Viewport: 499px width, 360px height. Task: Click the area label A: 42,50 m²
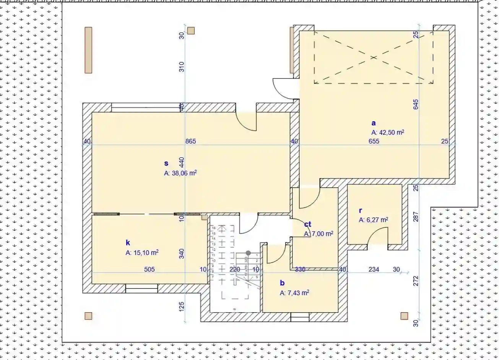tap(388, 133)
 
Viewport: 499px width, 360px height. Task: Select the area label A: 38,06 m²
tap(180, 173)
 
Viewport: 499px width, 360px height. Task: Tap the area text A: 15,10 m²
tap(142, 253)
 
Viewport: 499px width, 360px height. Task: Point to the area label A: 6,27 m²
tap(374, 220)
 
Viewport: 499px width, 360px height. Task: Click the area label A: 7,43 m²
tap(294, 293)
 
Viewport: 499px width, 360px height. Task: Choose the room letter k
tap(128, 243)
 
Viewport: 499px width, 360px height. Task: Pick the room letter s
tap(166, 163)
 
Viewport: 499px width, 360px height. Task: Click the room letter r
tap(360, 210)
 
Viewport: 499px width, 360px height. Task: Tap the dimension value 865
tap(190, 141)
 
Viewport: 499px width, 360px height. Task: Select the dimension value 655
tap(374, 141)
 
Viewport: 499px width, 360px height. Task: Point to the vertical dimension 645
tap(416, 104)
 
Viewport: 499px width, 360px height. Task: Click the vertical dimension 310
tap(182, 67)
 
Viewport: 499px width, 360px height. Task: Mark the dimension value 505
tap(149, 269)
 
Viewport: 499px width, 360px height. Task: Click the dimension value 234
tap(374, 269)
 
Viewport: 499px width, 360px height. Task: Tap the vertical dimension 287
tap(416, 217)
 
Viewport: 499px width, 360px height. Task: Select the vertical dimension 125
tap(182, 306)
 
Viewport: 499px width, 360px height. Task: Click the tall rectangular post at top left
tap(88, 50)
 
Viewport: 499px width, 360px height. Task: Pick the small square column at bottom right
tap(404, 316)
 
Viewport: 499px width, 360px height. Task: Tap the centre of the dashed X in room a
tap(374, 58)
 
